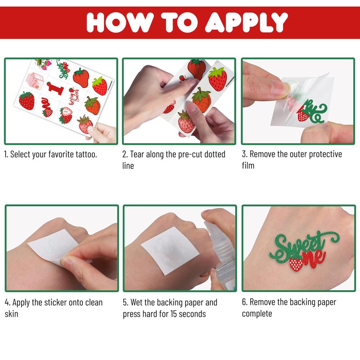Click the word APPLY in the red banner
[246, 22]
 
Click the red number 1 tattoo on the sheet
[55, 88]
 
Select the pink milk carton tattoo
[36, 81]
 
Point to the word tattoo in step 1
[86, 154]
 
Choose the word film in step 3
[248, 166]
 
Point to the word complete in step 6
[257, 314]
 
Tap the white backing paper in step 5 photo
[170, 250]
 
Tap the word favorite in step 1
[61, 154]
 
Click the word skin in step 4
[11, 314]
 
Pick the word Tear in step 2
[137, 154]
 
